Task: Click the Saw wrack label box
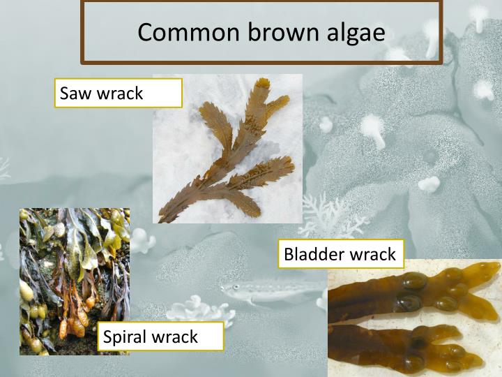[119, 93]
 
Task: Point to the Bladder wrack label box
[340, 253]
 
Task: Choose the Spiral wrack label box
[160, 337]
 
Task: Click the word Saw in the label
[74, 93]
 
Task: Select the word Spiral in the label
[125, 337]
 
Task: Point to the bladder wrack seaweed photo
[414, 318]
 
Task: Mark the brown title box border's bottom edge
[261, 61]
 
